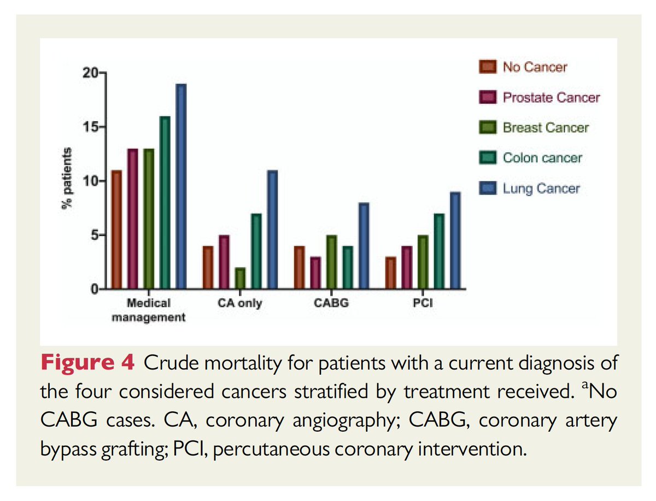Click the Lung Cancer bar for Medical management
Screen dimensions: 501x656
[x=181, y=186]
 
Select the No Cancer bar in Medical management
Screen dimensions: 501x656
[x=116, y=229]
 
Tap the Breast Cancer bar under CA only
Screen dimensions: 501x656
[x=240, y=278]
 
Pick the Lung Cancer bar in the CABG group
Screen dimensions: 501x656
[x=364, y=245]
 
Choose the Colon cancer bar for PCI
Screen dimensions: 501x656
[x=438, y=251]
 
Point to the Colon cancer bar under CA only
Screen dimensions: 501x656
[x=256, y=251]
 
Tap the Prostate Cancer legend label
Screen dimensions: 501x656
[x=551, y=98]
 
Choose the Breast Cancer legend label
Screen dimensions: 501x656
[x=546, y=128]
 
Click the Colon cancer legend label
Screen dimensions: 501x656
[x=542, y=158]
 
